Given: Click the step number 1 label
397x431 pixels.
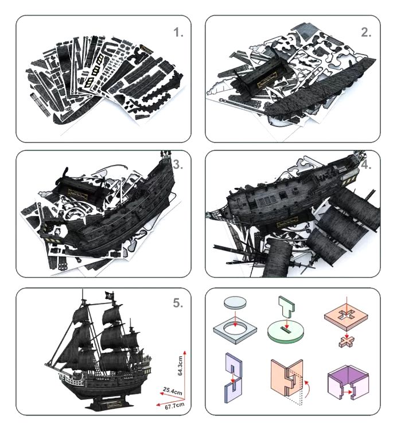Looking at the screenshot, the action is pos(178,33).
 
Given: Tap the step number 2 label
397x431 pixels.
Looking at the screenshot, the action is pos(366,32).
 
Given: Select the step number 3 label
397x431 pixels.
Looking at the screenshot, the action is pos(178,165).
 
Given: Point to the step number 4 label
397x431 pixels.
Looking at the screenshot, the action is pos(367,165).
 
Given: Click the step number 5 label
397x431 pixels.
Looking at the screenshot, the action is pos(178,303).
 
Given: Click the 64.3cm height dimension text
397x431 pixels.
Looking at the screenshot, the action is pos(180,366).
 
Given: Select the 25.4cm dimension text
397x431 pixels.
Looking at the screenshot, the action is pos(173,391).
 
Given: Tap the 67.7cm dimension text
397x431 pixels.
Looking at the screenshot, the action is pos(174,406).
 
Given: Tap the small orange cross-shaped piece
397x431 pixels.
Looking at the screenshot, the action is pos(347,342).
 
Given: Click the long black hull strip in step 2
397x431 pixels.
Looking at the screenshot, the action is pos(320,89).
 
